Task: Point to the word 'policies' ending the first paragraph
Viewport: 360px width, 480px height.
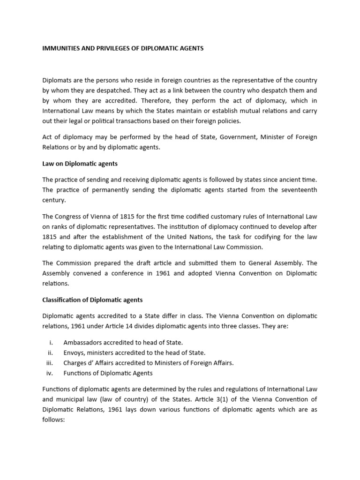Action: click(x=227, y=120)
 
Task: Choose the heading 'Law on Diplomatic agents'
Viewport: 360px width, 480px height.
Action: click(x=80, y=164)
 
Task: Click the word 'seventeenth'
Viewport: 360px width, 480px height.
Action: click(x=298, y=190)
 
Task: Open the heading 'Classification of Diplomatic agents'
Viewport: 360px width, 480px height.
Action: click(x=92, y=300)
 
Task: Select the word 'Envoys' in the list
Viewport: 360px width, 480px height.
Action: click(x=74, y=352)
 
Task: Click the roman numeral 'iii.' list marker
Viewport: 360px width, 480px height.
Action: click(x=51, y=363)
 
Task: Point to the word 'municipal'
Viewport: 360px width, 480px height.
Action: click(x=69, y=399)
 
